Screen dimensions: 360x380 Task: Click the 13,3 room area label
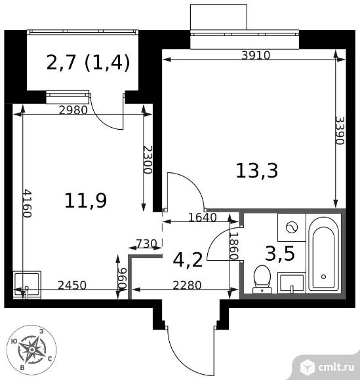[x=256, y=171]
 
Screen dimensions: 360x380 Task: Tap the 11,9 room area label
[x=86, y=200]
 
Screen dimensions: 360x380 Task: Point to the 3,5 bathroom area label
[x=280, y=254]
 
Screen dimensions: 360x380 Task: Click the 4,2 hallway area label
[x=188, y=260]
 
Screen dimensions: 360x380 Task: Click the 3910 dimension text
[x=256, y=56]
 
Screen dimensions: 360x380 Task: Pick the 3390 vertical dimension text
[x=340, y=130]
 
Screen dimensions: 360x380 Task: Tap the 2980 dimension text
[x=73, y=110]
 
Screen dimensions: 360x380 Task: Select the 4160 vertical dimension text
[x=27, y=204]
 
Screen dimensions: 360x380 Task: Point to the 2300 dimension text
[x=148, y=160]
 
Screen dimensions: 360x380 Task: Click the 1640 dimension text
[x=203, y=218]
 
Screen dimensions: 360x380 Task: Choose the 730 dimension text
[x=146, y=244]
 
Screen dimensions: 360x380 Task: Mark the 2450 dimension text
[x=72, y=285]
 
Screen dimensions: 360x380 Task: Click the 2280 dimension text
[x=187, y=285]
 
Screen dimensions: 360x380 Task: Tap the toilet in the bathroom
[x=262, y=279]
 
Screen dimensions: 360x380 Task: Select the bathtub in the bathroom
[x=323, y=254]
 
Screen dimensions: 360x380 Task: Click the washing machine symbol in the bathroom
[x=292, y=227]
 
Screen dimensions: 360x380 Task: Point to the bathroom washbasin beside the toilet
[x=292, y=282]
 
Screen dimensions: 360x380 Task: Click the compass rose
[x=31, y=350]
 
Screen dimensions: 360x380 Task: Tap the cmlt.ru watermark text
[x=336, y=366]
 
